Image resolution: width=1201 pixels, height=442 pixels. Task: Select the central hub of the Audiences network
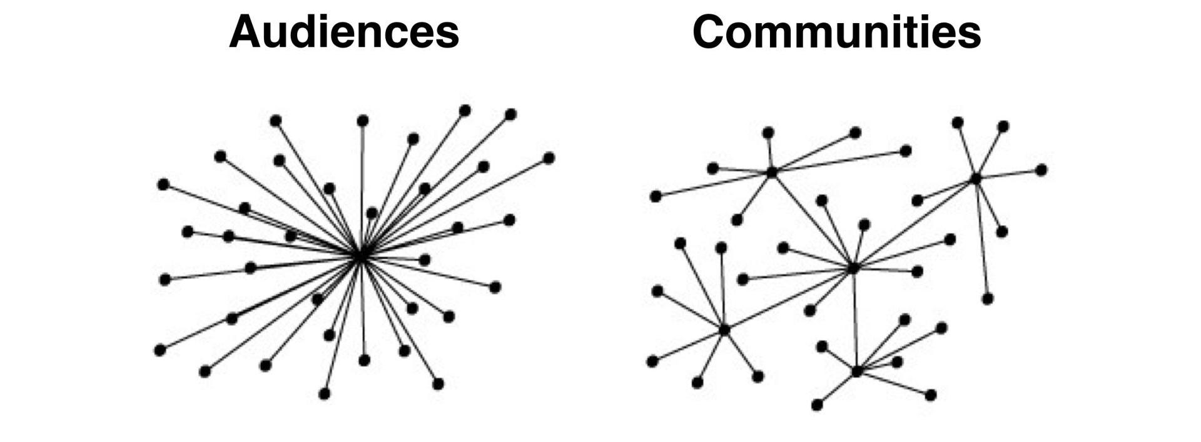pos(360,256)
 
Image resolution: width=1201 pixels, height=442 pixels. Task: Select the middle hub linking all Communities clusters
pos(853,268)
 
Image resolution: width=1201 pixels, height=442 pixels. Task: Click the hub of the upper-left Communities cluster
pos(772,172)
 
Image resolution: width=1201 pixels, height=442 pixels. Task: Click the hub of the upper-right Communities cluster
pos(975,179)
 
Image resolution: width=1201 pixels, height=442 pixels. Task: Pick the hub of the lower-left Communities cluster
pos(724,329)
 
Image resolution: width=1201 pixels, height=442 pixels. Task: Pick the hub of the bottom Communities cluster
pos(857,371)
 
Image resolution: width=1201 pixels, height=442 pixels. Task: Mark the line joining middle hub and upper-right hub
pos(914,224)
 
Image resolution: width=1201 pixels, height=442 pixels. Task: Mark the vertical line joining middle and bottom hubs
pos(855,319)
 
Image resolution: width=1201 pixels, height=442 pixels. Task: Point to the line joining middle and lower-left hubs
pos(789,299)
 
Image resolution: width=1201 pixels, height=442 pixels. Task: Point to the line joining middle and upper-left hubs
pos(813,220)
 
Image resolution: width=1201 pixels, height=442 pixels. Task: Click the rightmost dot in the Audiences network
pos(549,158)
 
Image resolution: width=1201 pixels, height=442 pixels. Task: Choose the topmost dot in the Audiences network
pos(465,111)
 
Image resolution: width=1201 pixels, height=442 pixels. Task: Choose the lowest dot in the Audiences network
pos(324,393)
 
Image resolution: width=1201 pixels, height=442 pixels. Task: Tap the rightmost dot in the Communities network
pos(1041,170)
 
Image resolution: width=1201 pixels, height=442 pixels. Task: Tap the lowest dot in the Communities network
pos(817,405)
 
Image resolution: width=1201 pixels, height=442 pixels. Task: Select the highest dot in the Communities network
pos(957,122)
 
